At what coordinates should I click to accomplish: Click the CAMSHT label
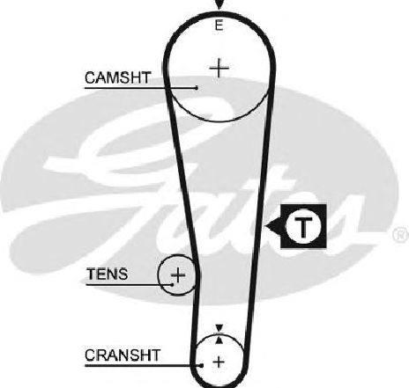point(118,77)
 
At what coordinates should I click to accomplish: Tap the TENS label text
point(108,275)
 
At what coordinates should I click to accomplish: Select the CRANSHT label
point(123,355)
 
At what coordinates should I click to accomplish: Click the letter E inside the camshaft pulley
point(219,26)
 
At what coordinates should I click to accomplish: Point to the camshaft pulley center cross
point(219,68)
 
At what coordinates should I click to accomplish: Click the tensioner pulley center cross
point(178,275)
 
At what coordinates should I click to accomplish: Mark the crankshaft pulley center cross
point(219,362)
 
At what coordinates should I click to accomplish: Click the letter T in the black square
point(303,227)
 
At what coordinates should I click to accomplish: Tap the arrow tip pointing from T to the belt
point(265,226)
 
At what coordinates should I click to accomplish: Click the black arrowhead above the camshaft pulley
point(219,4)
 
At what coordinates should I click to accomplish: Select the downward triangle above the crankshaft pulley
point(219,328)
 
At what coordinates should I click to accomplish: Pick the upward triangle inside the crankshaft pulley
point(219,340)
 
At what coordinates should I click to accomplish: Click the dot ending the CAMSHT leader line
point(197,87)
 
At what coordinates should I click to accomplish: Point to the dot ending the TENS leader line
point(172,284)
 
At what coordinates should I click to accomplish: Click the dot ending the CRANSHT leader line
point(202,365)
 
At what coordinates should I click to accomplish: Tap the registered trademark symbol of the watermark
point(400,235)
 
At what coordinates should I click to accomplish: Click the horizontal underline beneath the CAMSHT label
point(140,87)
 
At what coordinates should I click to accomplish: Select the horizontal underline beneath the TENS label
point(129,284)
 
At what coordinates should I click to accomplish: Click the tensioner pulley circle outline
point(159,275)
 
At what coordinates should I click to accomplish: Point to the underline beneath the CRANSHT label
point(143,365)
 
